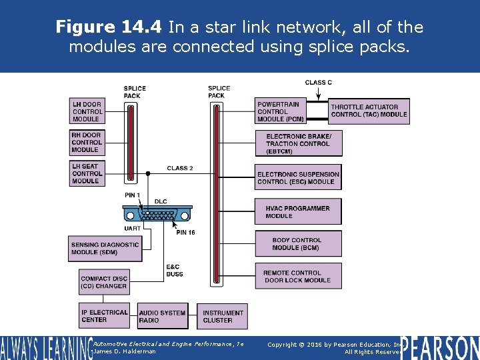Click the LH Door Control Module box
pyautogui.click(x=87, y=111)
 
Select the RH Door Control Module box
pyautogui.click(x=87, y=142)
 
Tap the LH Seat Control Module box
pyautogui.click(x=87, y=173)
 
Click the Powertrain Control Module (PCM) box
pyautogui.click(x=281, y=111)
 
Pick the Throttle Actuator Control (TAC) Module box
pyautogui.click(x=369, y=111)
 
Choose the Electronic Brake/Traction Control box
pyautogui.click(x=299, y=143)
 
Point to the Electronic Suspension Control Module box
pyautogui.click(x=299, y=178)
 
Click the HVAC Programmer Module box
pyautogui.click(x=298, y=211)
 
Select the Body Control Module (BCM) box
pyautogui.click(x=298, y=244)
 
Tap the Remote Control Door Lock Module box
pyautogui.click(x=298, y=276)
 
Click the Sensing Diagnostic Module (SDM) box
pyautogui.click(x=105, y=248)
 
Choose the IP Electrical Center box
pyautogui.click(x=104, y=316)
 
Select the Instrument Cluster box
pyautogui.click(x=223, y=316)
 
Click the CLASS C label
pyautogui.click(x=319, y=83)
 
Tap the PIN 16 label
pyautogui.click(x=185, y=233)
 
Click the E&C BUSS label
pyautogui.click(x=175, y=271)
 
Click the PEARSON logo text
pyautogui.click(x=440, y=348)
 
